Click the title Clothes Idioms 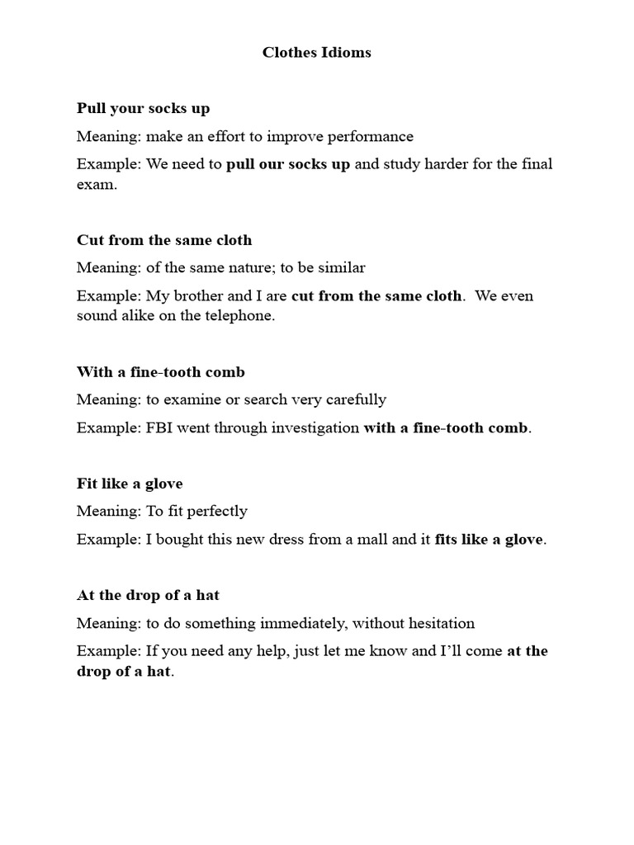(x=317, y=53)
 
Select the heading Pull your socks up (x=144, y=109)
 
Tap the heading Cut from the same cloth (x=164, y=241)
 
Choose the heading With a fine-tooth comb (x=161, y=372)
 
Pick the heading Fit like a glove (x=130, y=484)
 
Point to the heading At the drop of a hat (x=148, y=595)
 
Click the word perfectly (x=216, y=512)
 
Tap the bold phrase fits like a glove (x=490, y=540)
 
